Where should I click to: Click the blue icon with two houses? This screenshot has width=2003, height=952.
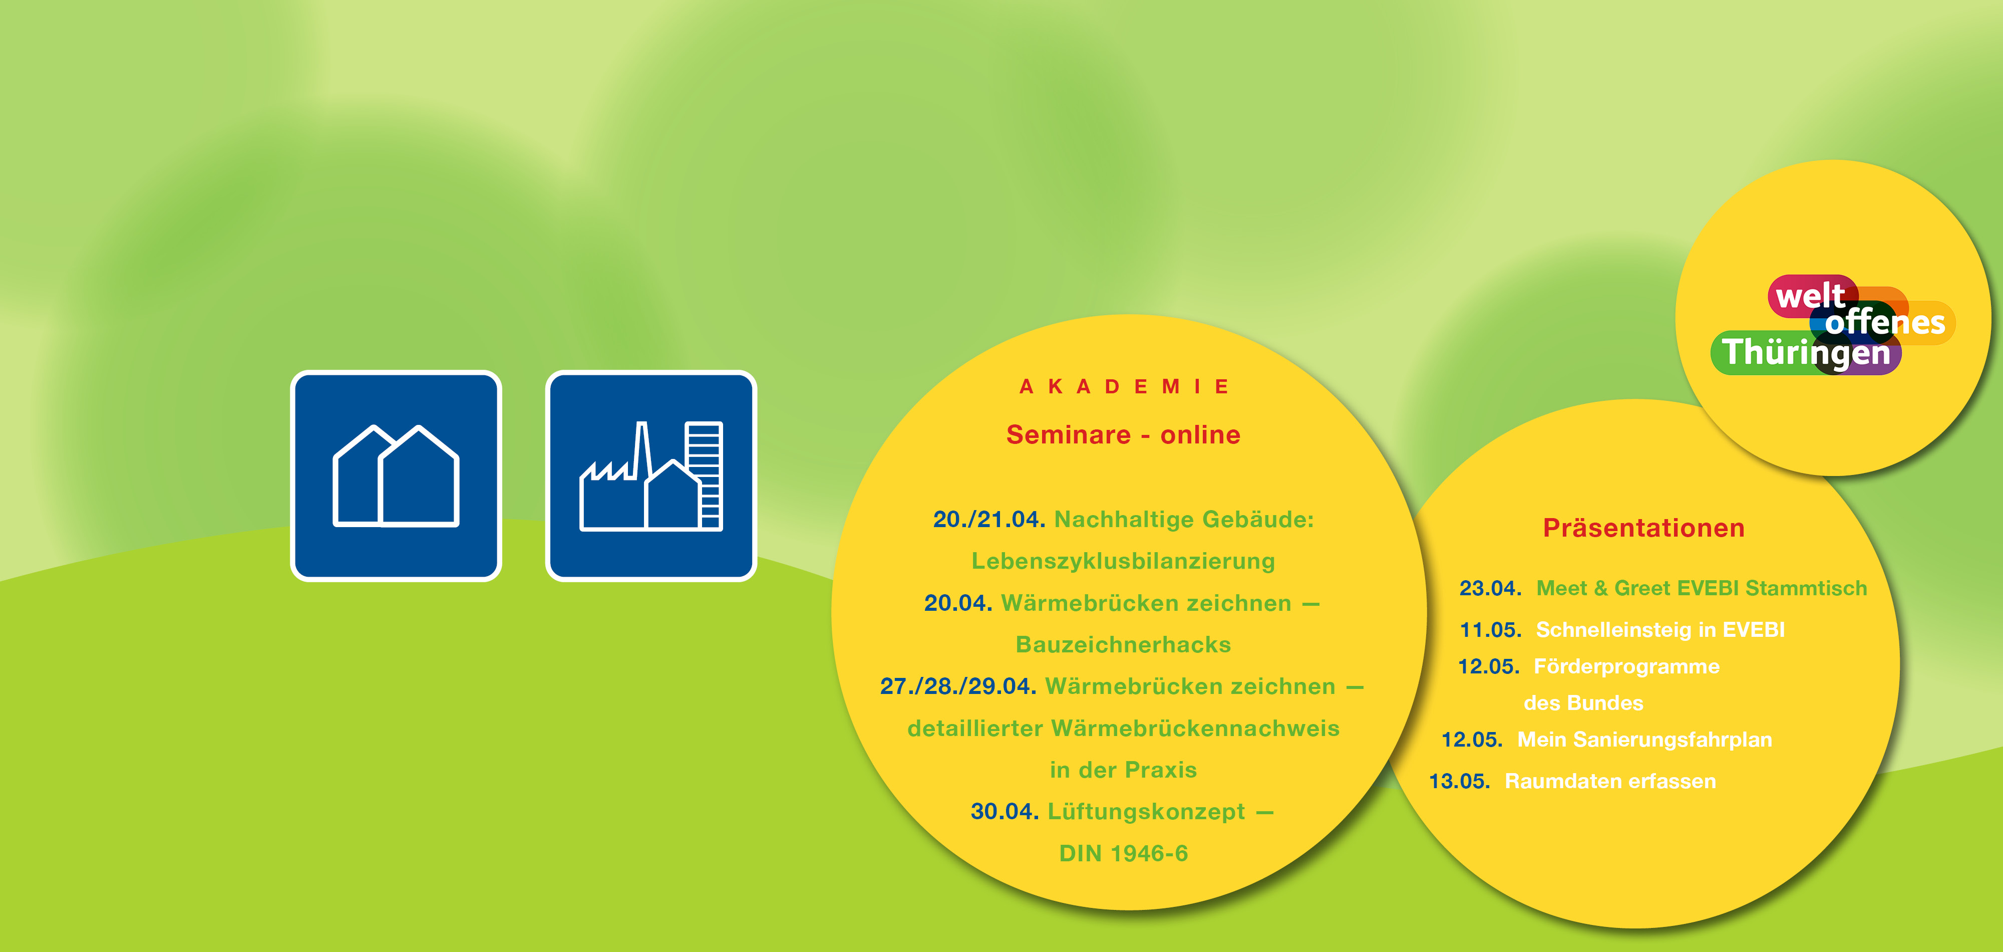[x=396, y=475]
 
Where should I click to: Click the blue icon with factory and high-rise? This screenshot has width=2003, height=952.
[x=651, y=475]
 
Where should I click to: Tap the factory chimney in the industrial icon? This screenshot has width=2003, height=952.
[x=642, y=450]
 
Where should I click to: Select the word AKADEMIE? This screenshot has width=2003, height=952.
[x=1124, y=386]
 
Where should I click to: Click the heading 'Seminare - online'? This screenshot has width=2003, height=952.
[x=1124, y=435]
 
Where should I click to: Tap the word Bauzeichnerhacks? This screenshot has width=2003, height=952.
[x=1124, y=645]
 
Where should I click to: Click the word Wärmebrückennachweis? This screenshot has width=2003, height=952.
[x=1195, y=728]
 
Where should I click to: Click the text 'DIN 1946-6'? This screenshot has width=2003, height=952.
[x=1124, y=854]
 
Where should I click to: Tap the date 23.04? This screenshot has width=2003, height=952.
[x=1490, y=589]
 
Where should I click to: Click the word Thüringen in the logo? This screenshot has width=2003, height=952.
[x=1806, y=352]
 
